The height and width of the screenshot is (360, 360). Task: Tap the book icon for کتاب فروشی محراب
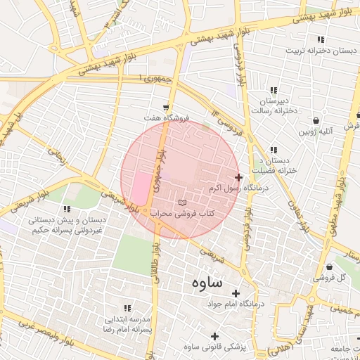click(x=183, y=202)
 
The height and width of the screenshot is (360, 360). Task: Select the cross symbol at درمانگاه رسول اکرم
click(x=238, y=177)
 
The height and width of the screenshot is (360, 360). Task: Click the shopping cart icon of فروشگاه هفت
click(x=166, y=108)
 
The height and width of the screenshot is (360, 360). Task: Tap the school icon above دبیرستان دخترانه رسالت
click(x=274, y=90)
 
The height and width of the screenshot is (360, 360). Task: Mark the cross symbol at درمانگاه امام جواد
click(x=235, y=293)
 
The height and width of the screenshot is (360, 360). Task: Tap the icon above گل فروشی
click(x=330, y=267)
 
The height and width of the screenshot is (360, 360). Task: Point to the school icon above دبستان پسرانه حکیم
click(x=67, y=210)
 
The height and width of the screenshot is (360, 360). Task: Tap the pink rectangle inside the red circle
click(x=141, y=188)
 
